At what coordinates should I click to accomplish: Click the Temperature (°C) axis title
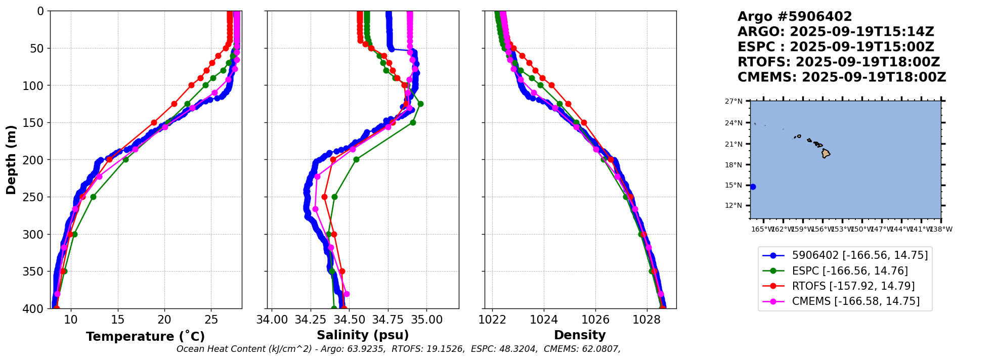tap(145, 337)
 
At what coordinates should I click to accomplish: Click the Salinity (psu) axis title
tap(363, 335)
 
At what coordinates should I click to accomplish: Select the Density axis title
tap(580, 335)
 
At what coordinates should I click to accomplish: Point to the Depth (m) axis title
tap(11, 160)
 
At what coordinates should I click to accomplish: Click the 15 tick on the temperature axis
tap(118, 320)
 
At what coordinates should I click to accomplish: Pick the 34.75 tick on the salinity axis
tap(388, 320)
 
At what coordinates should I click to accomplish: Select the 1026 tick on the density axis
tap(595, 320)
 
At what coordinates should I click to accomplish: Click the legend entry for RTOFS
tap(853, 286)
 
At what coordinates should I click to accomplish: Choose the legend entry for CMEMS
tap(855, 302)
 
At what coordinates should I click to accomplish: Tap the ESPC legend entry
tap(849, 271)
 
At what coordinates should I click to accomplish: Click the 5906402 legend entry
tap(859, 255)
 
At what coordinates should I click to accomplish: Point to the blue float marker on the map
tap(753, 187)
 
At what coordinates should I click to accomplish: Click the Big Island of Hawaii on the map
tap(826, 153)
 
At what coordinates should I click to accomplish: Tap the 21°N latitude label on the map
tap(733, 144)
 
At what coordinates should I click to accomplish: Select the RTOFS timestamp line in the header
tap(838, 62)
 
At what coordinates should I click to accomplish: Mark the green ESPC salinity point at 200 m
tap(356, 159)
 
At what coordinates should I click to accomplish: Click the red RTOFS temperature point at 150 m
tap(154, 122)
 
